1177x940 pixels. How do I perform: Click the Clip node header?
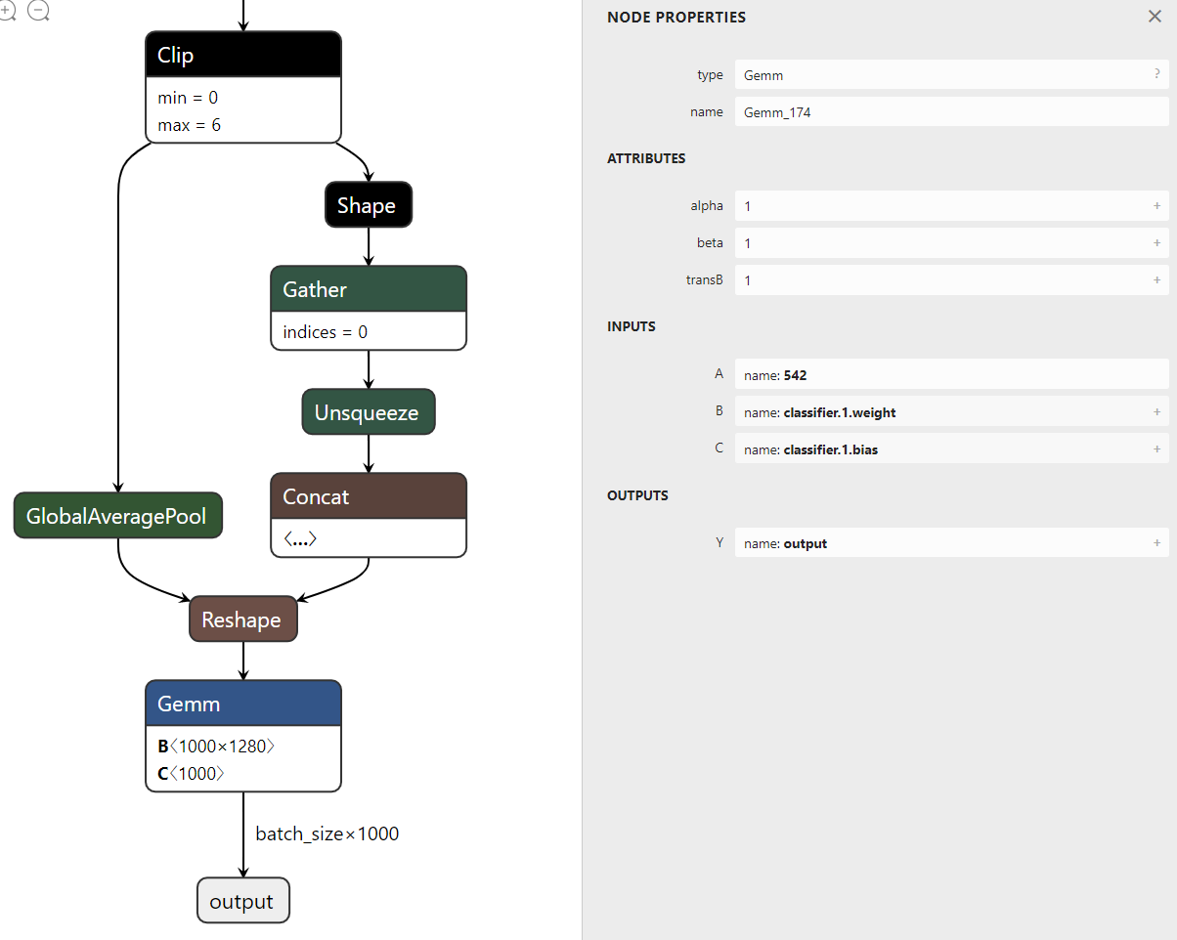pyautogui.click(x=242, y=55)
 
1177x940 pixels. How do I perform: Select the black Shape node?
pyautogui.click(x=368, y=205)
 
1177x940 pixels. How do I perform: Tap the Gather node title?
pyautogui.click(x=368, y=289)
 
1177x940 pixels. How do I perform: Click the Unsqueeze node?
pyautogui.click(x=368, y=412)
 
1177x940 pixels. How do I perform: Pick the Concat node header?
pyautogui.click(x=368, y=496)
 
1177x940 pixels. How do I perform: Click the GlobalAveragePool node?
pyautogui.click(x=117, y=516)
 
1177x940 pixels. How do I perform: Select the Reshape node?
pyautogui.click(x=242, y=620)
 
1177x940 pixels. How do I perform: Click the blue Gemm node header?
pyautogui.click(x=242, y=704)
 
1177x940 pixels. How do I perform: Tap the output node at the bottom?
pyautogui.click(x=242, y=901)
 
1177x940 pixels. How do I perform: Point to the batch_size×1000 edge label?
pyautogui.click(x=327, y=833)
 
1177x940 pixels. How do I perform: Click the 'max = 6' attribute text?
pyautogui.click(x=189, y=125)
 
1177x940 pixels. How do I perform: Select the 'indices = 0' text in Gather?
pyautogui.click(x=325, y=332)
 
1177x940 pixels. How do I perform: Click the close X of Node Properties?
pyautogui.click(x=1155, y=17)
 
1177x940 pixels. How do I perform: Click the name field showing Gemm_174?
pyautogui.click(x=950, y=112)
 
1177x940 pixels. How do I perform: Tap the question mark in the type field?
pyautogui.click(x=1156, y=74)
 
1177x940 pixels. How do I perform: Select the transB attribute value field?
pyautogui.click(x=950, y=280)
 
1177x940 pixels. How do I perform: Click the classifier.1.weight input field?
pyautogui.click(x=950, y=412)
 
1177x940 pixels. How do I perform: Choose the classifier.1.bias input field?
pyautogui.click(x=950, y=449)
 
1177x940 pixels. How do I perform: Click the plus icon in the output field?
pyautogui.click(x=1156, y=543)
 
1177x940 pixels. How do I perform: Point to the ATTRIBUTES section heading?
pyautogui.click(x=646, y=158)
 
